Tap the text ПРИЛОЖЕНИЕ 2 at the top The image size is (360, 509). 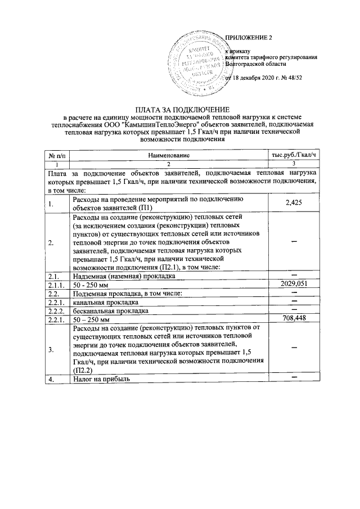(248, 38)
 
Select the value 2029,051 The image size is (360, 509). (294, 284)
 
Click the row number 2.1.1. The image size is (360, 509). (55, 285)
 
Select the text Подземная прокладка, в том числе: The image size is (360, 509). (127, 293)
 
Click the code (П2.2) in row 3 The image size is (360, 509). (82, 371)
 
